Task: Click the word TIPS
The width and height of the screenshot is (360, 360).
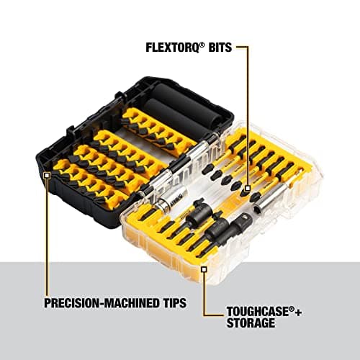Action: (170, 302)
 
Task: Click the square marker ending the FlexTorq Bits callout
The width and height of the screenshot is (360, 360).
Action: (248, 189)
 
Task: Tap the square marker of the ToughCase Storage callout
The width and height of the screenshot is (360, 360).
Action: (204, 268)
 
